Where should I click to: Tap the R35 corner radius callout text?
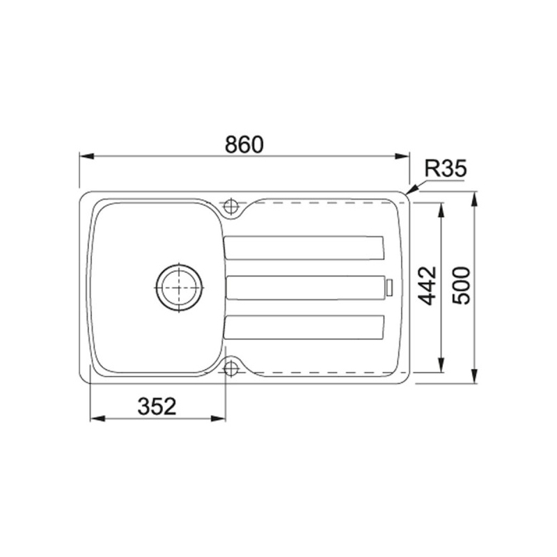click(x=444, y=168)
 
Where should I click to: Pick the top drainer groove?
click(x=304, y=247)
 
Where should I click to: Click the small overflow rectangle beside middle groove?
click(x=390, y=286)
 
